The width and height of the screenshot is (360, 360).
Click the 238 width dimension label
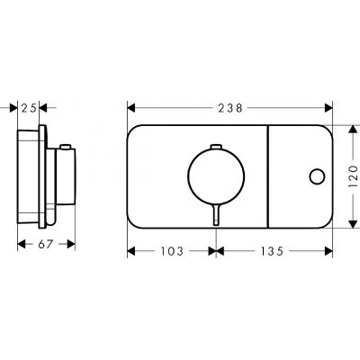coord(230,108)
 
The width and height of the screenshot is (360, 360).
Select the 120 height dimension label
coord(353,176)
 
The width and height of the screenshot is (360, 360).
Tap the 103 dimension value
coord(172,251)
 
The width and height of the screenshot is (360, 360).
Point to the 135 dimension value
coord(272,251)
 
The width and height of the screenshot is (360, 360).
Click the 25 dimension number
coord(29,108)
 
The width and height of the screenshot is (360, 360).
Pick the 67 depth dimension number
coord(46,244)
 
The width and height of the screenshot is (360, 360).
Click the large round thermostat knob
coord(216,176)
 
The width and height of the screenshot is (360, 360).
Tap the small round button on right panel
coord(317,176)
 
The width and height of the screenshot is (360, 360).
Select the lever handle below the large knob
coord(216,214)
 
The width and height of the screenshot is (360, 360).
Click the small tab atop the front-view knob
coord(216,146)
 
